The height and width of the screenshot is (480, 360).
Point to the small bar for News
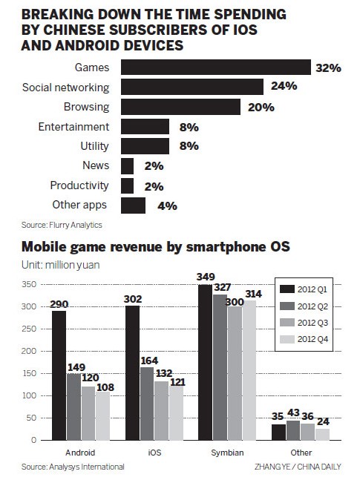click(x=127, y=165)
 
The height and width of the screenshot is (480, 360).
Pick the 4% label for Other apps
click(x=167, y=206)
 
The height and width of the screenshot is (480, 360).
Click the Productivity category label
click(x=79, y=185)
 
